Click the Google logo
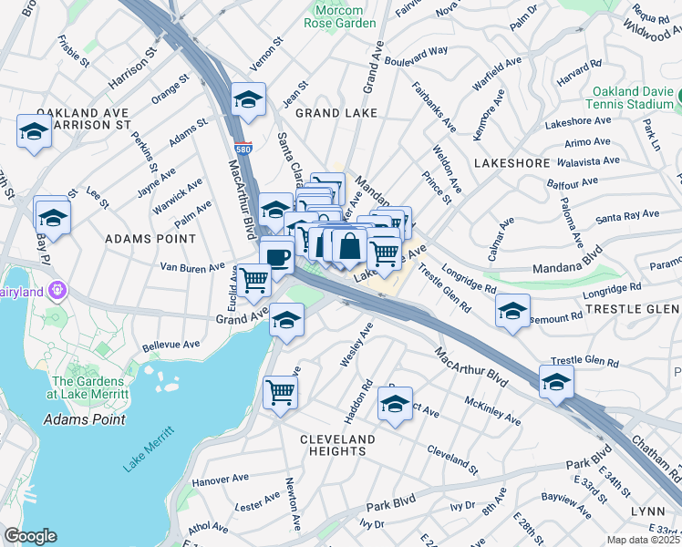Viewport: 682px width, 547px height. coord(30,536)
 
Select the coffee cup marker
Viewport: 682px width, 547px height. coord(276,254)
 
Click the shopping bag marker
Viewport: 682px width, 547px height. coord(349,245)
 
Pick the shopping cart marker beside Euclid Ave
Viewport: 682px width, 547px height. coord(253,279)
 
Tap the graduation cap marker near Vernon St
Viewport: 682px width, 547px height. coord(248,100)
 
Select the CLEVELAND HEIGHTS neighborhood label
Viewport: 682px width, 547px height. coord(338,445)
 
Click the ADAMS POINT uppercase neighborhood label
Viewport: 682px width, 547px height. coord(150,238)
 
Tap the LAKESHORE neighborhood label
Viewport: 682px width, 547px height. coord(511,162)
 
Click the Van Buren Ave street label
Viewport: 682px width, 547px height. coord(191,267)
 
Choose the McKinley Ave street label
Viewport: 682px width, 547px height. coord(492,410)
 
